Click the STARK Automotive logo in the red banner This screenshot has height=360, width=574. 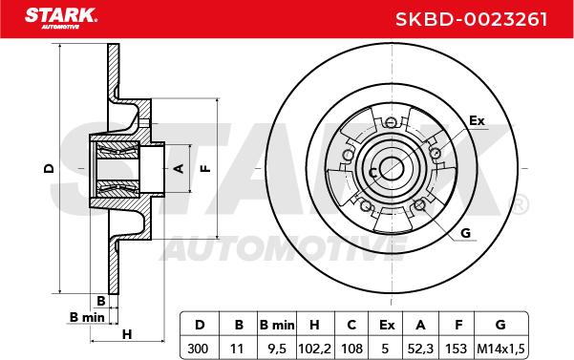[x=61, y=18]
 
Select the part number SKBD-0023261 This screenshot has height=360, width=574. [x=472, y=19]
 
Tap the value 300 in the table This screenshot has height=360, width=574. [x=198, y=349]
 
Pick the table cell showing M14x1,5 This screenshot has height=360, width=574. [x=500, y=349]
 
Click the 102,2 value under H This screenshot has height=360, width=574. [x=315, y=349]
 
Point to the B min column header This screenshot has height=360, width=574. [x=277, y=325]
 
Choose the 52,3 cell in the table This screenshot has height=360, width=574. [x=420, y=349]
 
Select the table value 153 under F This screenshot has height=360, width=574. [x=457, y=349]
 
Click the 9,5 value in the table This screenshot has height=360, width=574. [x=277, y=349]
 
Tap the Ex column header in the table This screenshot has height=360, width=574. [x=387, y=325]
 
